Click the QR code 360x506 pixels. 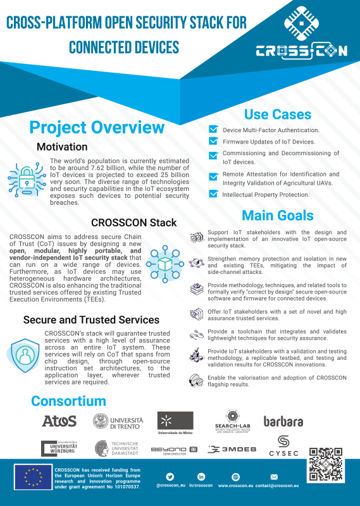[x=325, y=466]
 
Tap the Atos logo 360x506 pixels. [x=59, y=421]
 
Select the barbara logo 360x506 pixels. [x=283, y=421]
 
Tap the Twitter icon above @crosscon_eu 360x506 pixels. [x=170, y=476]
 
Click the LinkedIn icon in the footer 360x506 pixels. [x=201, y=476]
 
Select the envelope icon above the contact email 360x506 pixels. [x=274, y=476]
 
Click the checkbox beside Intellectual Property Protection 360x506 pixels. [x=213, y=194]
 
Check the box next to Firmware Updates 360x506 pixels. [x=213, y=142]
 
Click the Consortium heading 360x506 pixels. [x=68, y=400]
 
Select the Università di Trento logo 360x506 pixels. [x=118, y=421]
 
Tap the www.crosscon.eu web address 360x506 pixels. [x=235, y=486]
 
